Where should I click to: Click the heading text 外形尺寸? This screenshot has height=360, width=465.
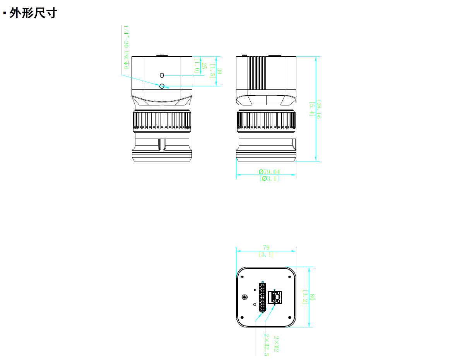(x=33, y=13)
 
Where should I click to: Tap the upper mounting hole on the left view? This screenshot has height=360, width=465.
(x=162, y=75)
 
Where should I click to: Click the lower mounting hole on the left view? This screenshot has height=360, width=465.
(x=162, y=86)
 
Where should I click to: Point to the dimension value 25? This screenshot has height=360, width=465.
(x=204, y=66)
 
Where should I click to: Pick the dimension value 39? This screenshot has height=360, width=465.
(x=219, y=71)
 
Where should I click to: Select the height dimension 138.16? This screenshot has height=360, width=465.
(x=318, y=109)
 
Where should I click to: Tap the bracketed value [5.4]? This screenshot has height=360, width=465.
(x=311, y=109)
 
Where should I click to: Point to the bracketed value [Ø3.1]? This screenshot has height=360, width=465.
(x=269, y=178)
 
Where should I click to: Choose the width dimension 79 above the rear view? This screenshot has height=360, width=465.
(x=266, y=247)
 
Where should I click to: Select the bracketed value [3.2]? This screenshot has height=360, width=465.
(x=305, y=297)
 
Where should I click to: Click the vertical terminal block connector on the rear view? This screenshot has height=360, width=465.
(x=262, y=297)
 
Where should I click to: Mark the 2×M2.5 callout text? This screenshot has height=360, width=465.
(x=267, y=345)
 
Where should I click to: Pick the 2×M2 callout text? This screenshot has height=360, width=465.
(x=276, y=344)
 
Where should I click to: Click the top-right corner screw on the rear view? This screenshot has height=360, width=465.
(x=290, y=276)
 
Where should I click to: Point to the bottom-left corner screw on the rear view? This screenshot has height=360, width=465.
(x=242, y=317)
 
